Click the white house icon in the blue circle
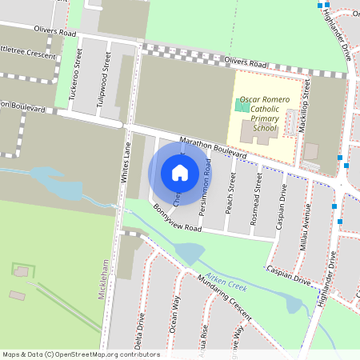tap(180, 172)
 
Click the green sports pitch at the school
tap(242, 105)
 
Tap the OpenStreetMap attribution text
tap(80, 354)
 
